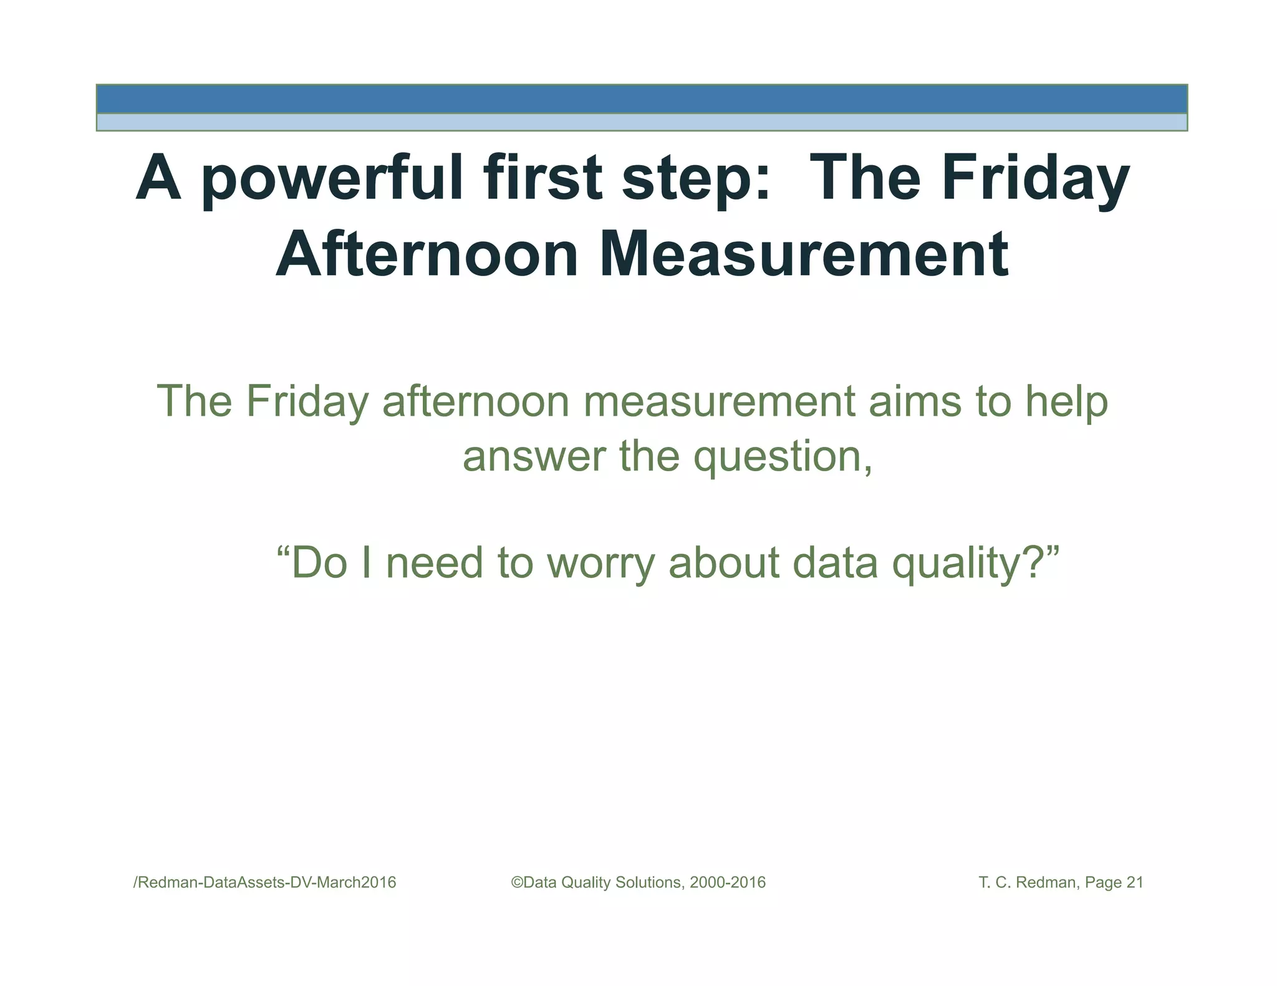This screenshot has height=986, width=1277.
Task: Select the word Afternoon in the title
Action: (427, 254)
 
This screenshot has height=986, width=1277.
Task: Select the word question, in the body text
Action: (783, 457)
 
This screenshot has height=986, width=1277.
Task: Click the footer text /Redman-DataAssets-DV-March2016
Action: (265, 883)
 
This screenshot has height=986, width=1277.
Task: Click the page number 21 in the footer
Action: (1134, 883)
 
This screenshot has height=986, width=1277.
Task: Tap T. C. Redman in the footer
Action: (1026, 883)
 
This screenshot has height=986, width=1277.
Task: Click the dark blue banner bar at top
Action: (641, 99)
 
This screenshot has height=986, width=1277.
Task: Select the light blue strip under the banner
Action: (641, 122)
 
